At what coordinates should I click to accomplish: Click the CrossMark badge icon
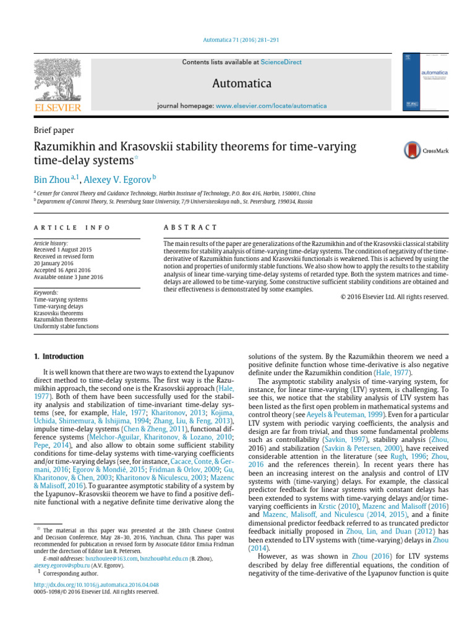422,150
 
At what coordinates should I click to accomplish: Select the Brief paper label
53,130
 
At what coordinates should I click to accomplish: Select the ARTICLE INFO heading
72,227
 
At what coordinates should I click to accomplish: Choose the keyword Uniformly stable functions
66,326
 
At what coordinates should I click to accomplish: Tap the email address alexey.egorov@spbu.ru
58,565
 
